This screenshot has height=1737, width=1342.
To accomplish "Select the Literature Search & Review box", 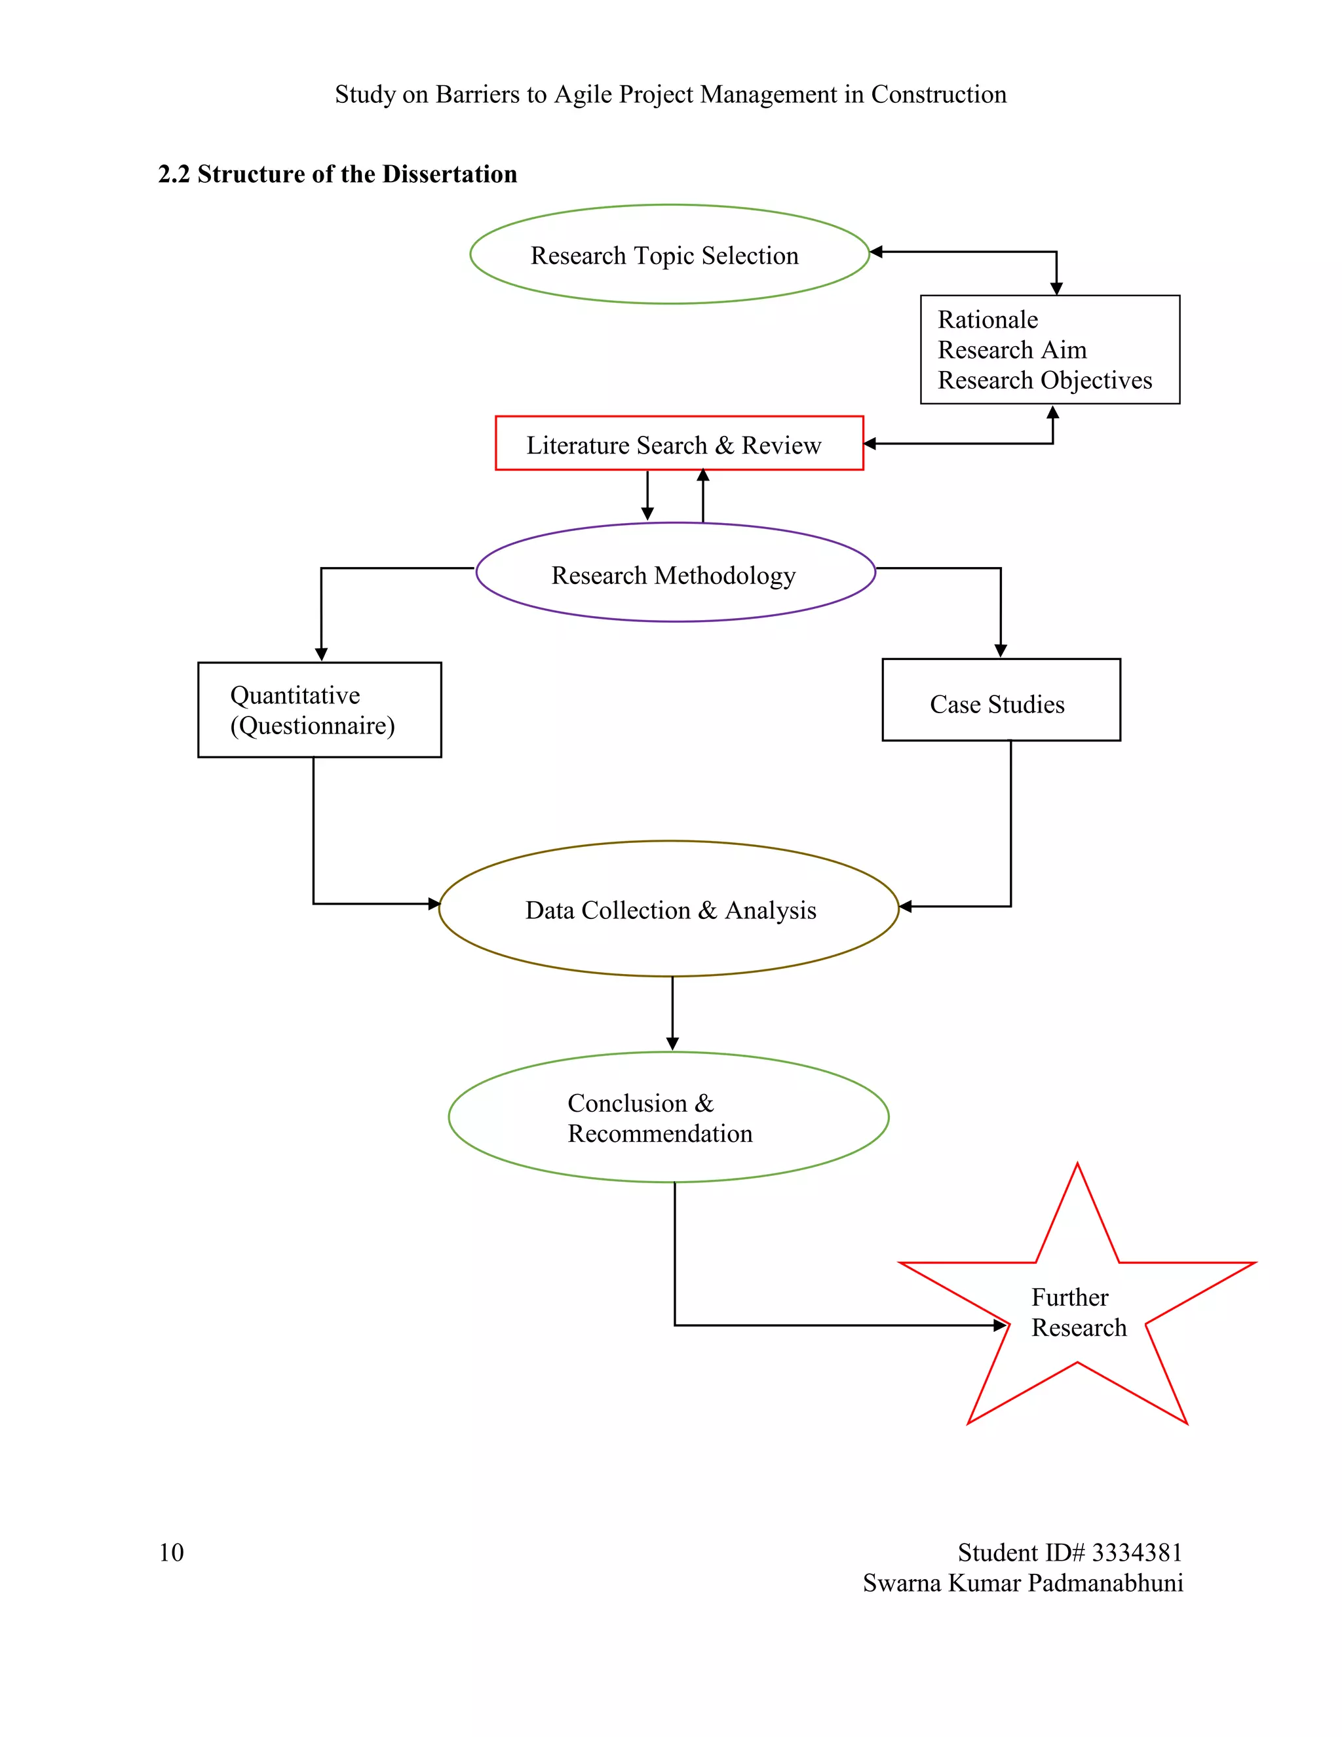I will pyautogui.click(x=678, y=444).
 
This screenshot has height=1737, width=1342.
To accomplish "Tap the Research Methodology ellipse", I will pyautogui.click(x=675, y=574).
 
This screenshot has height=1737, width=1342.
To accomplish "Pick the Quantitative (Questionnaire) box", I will pyautogui.click(x=319, y=709).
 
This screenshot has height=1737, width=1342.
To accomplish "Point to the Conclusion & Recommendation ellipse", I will pyautogui.click(x=668, y=1118).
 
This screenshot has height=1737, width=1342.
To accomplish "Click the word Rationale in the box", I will pyautogui.click(x=987, y=320).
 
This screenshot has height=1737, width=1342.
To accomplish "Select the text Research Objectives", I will pyautogui.click(x=1044, y=380).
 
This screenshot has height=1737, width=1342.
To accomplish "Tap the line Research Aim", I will pyautogui.click(x=1011, y=350).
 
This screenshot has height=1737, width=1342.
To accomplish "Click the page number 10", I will pyautogui.click(x=171, y=1552).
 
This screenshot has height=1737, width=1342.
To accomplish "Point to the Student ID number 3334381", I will pyautogui.click(x=1137, y=1552).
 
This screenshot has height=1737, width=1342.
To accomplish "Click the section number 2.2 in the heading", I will pyautogui.click(x=173, y=174).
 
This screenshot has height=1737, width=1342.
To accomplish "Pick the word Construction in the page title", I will pyautogui.click(x=938, y=94).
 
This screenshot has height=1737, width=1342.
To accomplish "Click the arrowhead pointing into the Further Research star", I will pyautogui.click(x=1001, y=1325).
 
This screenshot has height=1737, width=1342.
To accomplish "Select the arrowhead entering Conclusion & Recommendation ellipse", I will pyautogui.click(x=672, y=1044).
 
